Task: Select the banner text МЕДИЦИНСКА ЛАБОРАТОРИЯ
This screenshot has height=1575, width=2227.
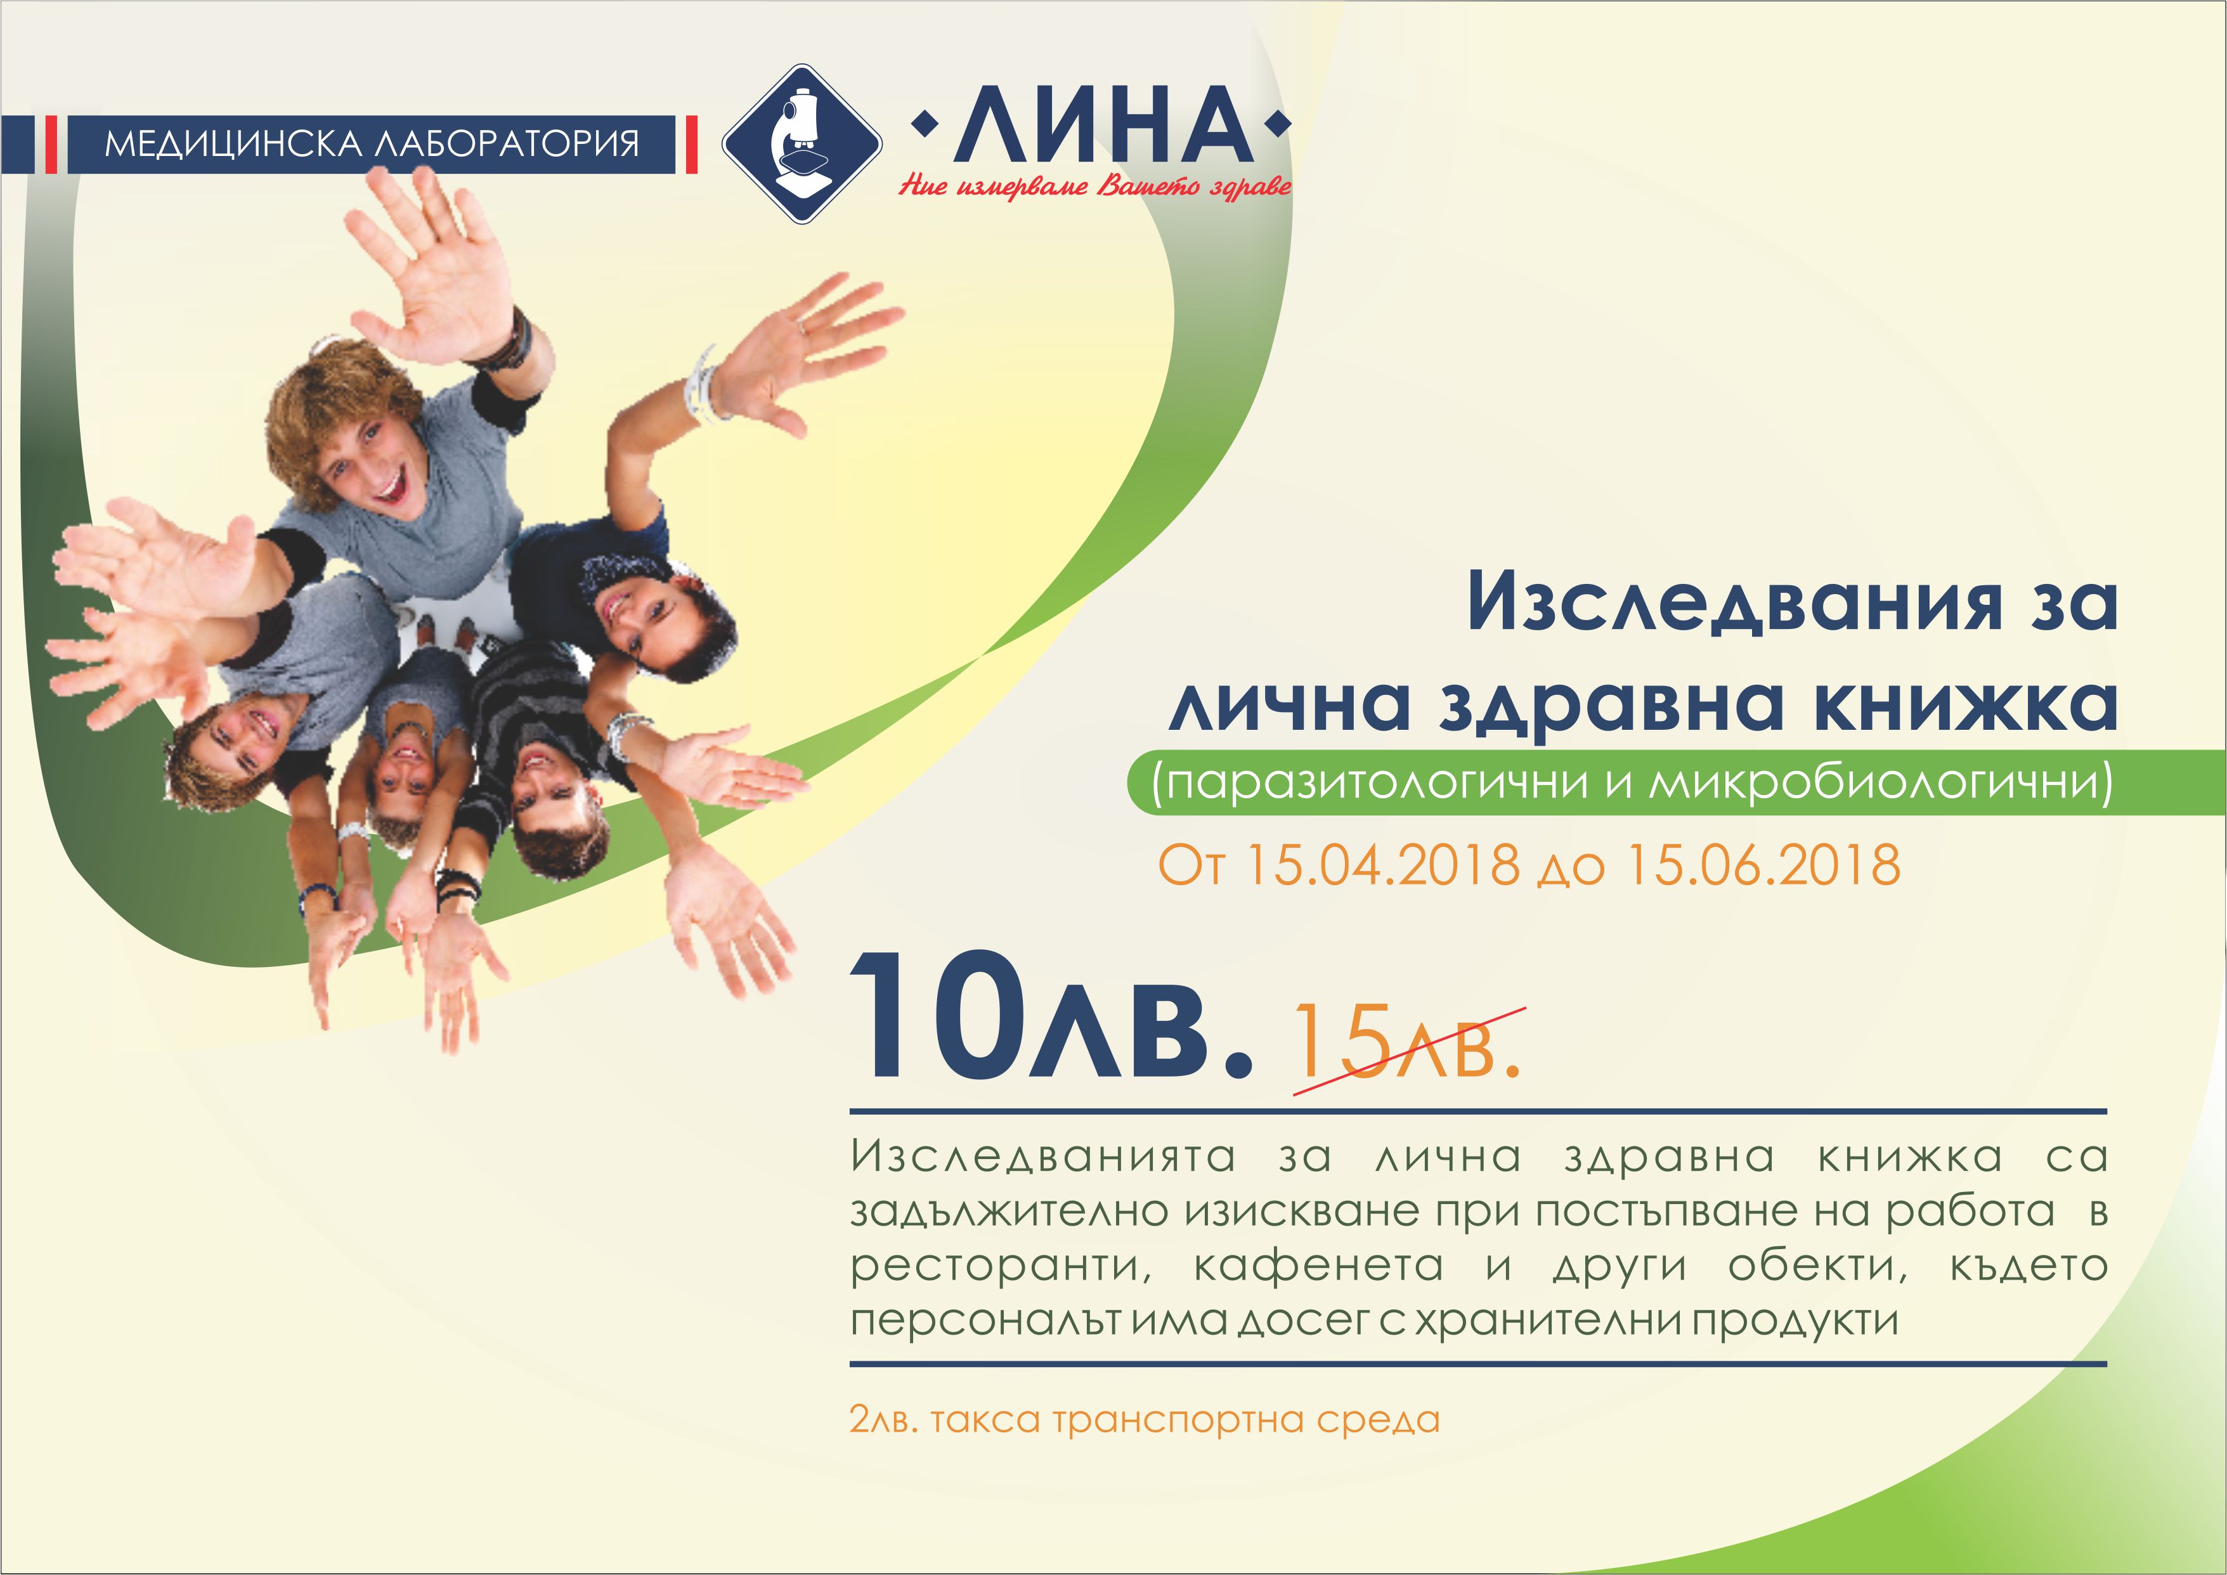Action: (x=372, y=145)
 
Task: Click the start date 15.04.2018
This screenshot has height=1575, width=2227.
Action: (x=1382, y=864)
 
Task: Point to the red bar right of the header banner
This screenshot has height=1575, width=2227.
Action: (x=692, y=145)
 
